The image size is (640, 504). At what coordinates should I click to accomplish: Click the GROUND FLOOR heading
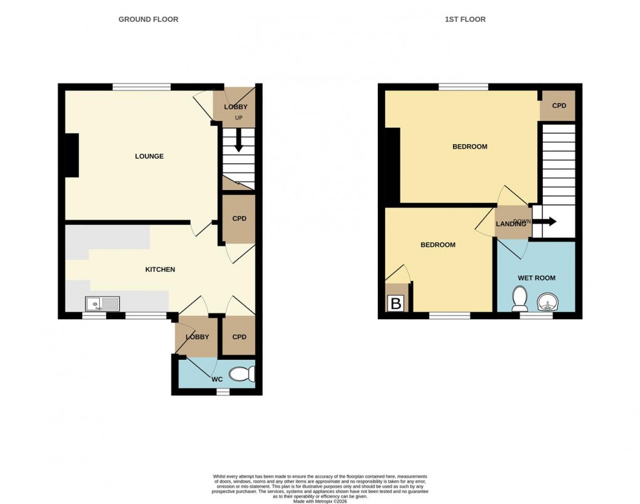(x=148, y=19)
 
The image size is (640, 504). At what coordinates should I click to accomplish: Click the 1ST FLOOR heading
(x=465, y=19)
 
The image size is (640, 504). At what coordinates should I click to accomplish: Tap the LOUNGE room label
(x=149, y=156)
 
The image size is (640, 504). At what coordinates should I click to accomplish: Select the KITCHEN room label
(x=160, y=270)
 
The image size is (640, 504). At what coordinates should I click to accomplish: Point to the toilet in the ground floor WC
(x=242, y=374)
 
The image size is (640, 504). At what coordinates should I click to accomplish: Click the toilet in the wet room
(x=520, y=298)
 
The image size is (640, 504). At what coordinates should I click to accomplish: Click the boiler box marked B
(x=397, y=304)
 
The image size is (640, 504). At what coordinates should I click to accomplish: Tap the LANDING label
(x=510, y=224)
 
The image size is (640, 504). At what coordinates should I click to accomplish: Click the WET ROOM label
(x=536, y=278)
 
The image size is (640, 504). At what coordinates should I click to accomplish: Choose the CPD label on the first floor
(x=559, y=106)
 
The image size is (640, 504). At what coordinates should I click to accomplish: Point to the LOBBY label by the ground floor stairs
(x=236, y=107)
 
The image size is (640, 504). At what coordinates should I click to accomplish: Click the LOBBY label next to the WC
(x=196, y=337)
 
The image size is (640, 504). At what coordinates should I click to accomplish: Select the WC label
(x=216, y=379)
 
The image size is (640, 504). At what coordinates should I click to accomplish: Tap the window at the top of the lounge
(x=141, y=87)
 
